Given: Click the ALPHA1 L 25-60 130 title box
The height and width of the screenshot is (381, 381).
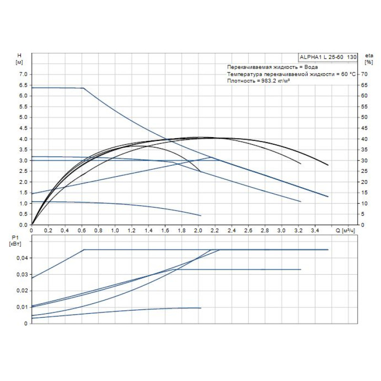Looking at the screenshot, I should [328, 57].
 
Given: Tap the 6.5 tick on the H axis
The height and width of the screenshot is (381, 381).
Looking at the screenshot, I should [22, 85].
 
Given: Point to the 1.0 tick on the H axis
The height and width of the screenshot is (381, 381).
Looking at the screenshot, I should [22, 203].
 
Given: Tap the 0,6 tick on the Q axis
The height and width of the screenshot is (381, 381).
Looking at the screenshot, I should [81, 231].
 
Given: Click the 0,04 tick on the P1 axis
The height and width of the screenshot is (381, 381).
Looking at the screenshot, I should [22, 258].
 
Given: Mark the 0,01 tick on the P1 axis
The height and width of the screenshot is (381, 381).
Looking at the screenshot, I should [22, 307].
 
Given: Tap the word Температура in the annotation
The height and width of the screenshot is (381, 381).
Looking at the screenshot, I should [244, 74].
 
